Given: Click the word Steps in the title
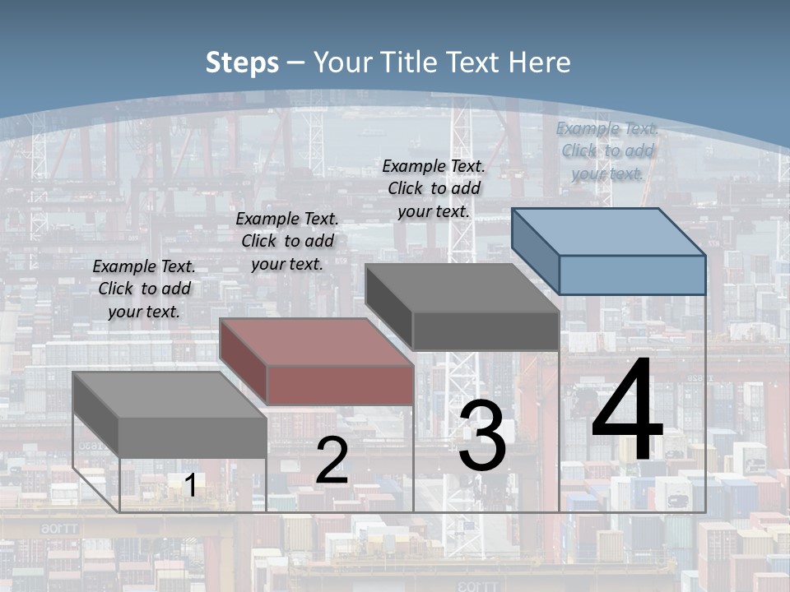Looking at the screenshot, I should [242, 62].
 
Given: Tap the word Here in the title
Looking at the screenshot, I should [540, 62].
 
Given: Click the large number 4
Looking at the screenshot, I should [627, 413].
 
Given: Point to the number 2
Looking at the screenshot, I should [332, 460].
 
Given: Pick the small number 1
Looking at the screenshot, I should [190, 485].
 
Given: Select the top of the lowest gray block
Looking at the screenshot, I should [170, 395].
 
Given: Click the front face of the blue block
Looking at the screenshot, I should [632, 275].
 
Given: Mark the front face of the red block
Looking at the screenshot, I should [340, 385].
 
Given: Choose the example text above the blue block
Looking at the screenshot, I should [607, 151].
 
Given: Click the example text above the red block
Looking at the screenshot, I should [287, 242].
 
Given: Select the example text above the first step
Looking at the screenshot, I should [144, 289].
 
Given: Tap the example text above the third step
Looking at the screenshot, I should [434, 189].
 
